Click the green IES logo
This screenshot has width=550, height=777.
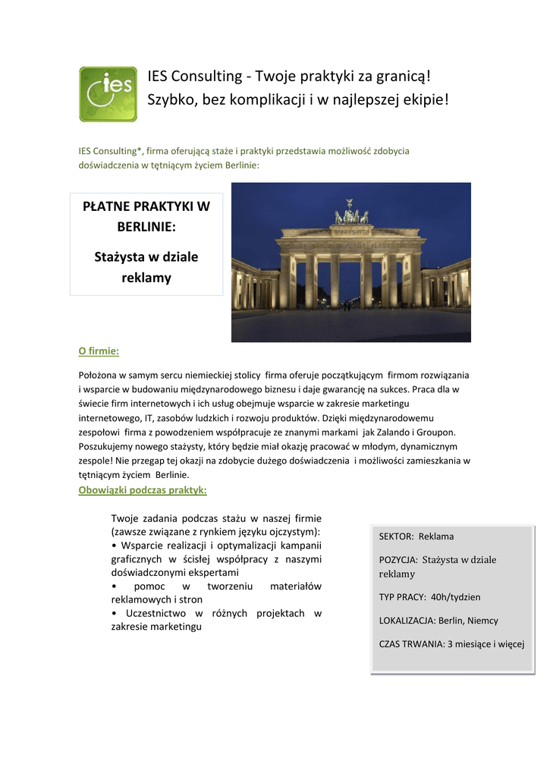tap(108, 94)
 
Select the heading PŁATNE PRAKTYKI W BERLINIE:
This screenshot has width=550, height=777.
tap(146, 216)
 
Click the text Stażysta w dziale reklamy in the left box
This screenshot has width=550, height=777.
tap(146, 267)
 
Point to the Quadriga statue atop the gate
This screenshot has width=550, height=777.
tap(351, 213)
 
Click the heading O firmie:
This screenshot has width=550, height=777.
tap(99, 351)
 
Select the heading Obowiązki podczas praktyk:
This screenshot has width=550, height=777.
tap(143, 490)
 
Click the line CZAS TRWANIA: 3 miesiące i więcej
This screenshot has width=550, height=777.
tap(451, 644)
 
